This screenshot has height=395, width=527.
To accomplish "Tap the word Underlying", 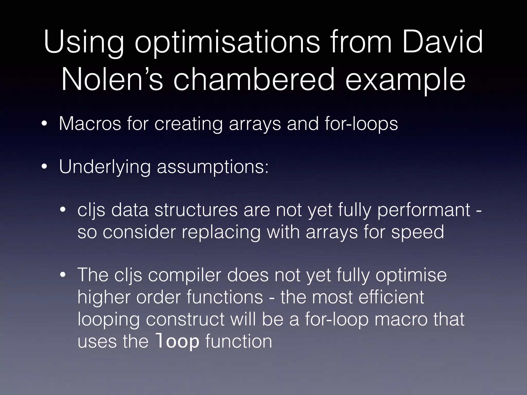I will click(x=105, y=167).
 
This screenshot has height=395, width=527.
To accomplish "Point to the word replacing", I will click(x=221, y=232).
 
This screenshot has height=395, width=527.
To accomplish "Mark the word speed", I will click(x=418, y=232).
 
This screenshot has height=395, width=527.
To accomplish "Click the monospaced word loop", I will click(x=178, y=342).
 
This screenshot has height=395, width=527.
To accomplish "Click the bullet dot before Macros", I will click(x=45, y=124).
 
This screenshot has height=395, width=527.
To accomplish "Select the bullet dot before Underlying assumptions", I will click(x=45, y=167).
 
